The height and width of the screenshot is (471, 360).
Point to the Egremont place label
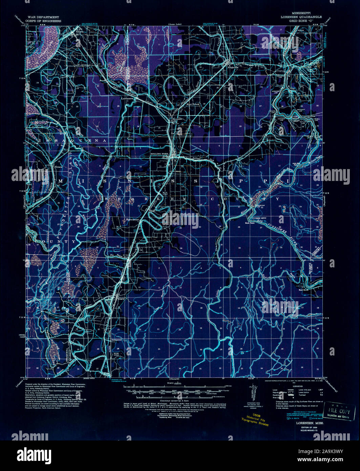click(133, 220)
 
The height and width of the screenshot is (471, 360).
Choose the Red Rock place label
click(303, 290)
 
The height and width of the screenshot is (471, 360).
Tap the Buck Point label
click(250, 223)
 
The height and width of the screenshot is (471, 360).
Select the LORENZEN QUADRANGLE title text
click(300, 17)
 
